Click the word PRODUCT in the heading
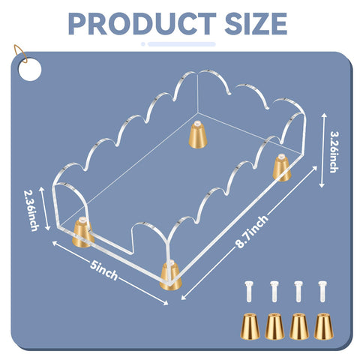point(142,23)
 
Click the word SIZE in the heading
point(256,23)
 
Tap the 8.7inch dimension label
point(252,231)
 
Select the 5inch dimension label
point(103,271)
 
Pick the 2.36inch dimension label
point(31,210)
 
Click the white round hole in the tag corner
point(29,70)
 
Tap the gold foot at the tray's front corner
point(171,275)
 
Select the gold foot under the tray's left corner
point(82,232)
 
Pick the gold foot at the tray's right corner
point(282,167)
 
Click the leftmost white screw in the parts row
point(249,291)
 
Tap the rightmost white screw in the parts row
point(322,291)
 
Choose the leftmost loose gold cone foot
point(250,326)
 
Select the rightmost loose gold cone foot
point(324,326)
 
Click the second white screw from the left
point(274,291)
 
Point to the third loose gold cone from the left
point(299,326)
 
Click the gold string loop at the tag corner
point(20,54)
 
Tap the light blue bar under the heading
point(181,44)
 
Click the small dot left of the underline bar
point(143,44)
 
